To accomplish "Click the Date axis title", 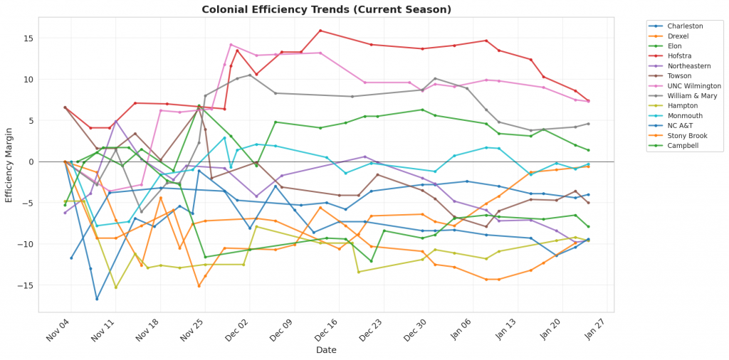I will coord(326,350).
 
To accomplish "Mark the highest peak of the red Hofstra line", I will coord(320,31).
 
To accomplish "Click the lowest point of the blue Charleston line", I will coord(97,299).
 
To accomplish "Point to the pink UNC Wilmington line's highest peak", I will coord(231,44).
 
